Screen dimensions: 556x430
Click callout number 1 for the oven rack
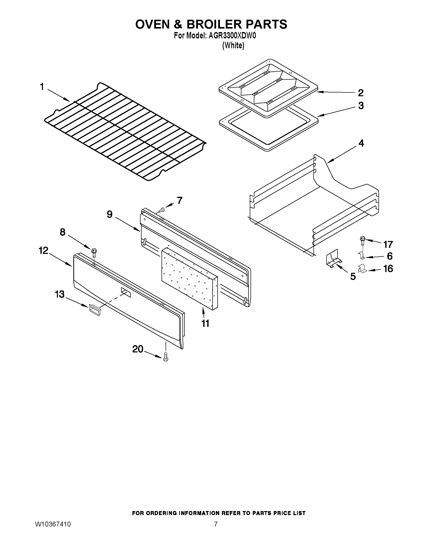(42, 87)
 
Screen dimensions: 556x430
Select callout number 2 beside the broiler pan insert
(360, 93)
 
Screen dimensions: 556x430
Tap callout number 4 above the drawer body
(361, 143)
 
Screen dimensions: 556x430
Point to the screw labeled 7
(162, 210)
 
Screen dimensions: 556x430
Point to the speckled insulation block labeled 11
(190, 280)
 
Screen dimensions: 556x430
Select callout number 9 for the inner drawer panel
(109, 214)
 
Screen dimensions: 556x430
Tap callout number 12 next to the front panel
(43, 251)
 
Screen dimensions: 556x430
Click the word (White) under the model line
(233, 46)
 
